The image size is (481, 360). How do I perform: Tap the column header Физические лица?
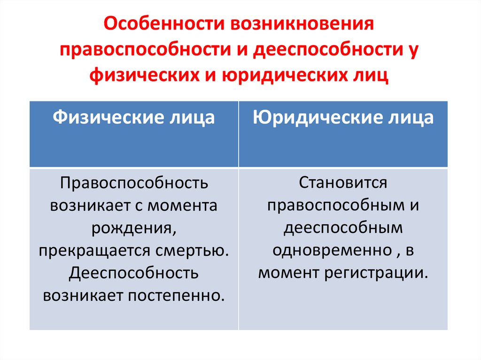(134, 117)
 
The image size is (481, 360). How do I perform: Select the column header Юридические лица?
(343, 117)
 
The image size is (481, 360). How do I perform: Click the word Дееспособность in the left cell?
(134, 273)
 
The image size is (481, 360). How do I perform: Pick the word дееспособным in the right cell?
(343, 228)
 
